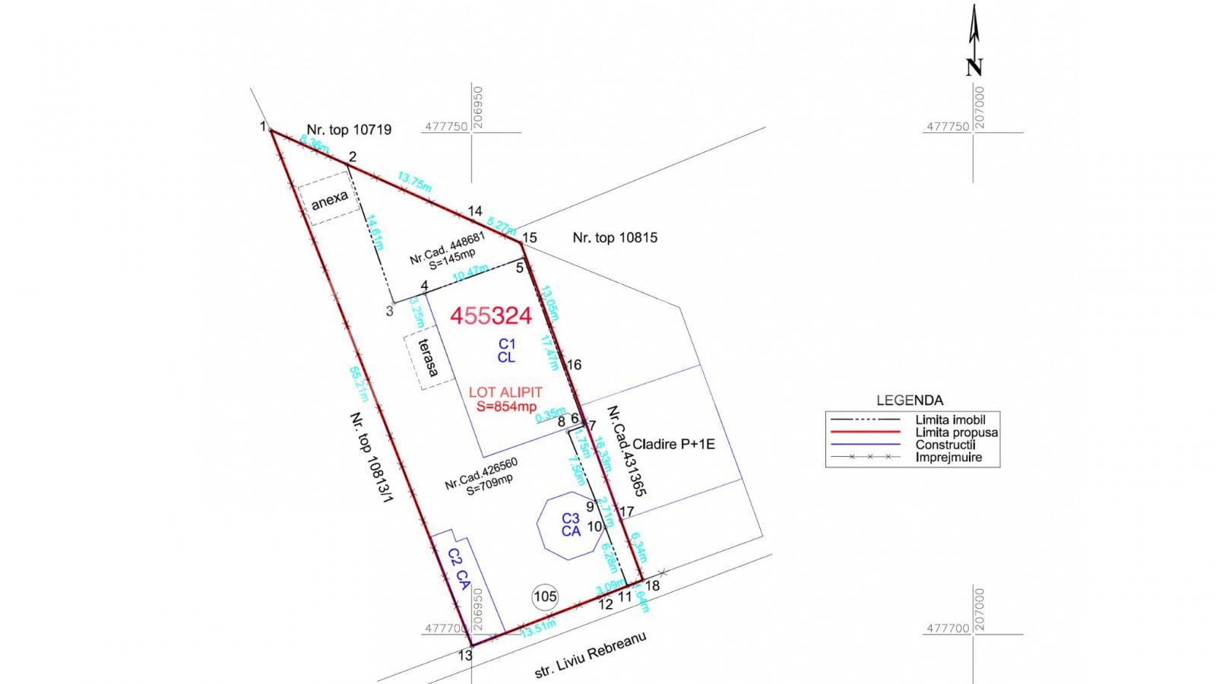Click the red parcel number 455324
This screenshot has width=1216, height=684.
coord(491,316)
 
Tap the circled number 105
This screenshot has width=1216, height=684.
coord(545,597)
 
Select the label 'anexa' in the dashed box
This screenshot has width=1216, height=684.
coord(330,200)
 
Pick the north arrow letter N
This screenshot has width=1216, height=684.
coord(974,68)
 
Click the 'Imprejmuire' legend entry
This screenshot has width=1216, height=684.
coord(948,458)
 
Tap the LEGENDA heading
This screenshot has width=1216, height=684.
coord(909,401)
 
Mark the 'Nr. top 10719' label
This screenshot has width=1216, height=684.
coord(349,130)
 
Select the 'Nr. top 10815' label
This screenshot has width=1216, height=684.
coord(615,238)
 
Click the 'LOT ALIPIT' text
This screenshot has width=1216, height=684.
coord(505,393)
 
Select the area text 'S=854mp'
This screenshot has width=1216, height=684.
coord(506,407)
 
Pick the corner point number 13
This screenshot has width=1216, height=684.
coord(466,656)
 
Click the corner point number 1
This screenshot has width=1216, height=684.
coord(263,126)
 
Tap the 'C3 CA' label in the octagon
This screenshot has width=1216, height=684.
coord(571,525)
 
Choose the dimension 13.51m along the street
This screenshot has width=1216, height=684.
coord(537,628)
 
